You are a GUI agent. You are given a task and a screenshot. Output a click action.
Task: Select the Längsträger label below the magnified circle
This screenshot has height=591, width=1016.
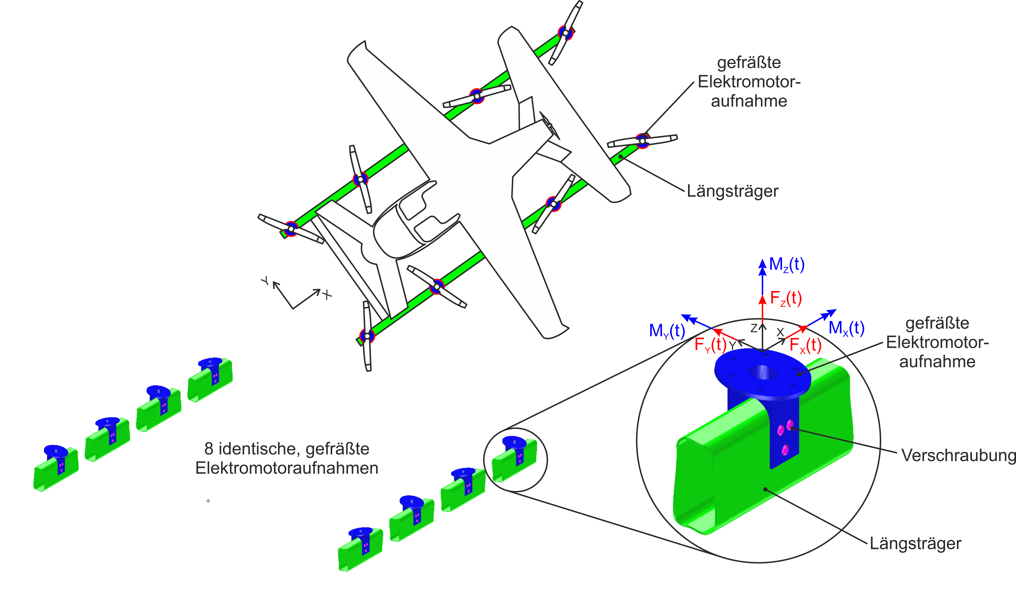[x=915, y=543]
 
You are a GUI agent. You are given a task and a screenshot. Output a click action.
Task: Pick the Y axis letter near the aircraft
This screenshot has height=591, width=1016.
[x=265, y=280]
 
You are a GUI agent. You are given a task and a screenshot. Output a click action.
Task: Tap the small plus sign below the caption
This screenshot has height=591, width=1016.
[x=208, y=501]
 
